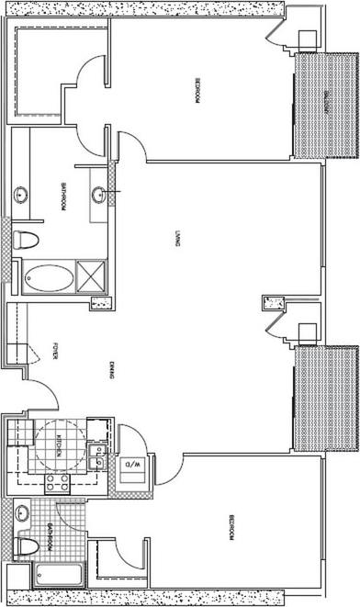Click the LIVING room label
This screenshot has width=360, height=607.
[174, 240]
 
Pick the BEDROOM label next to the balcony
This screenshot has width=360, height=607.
[197, 93]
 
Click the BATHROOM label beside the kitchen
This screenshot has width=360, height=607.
[48, 535]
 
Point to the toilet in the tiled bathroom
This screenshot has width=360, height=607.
[28, 547]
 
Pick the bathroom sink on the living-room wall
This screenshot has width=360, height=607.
[99, 194]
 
